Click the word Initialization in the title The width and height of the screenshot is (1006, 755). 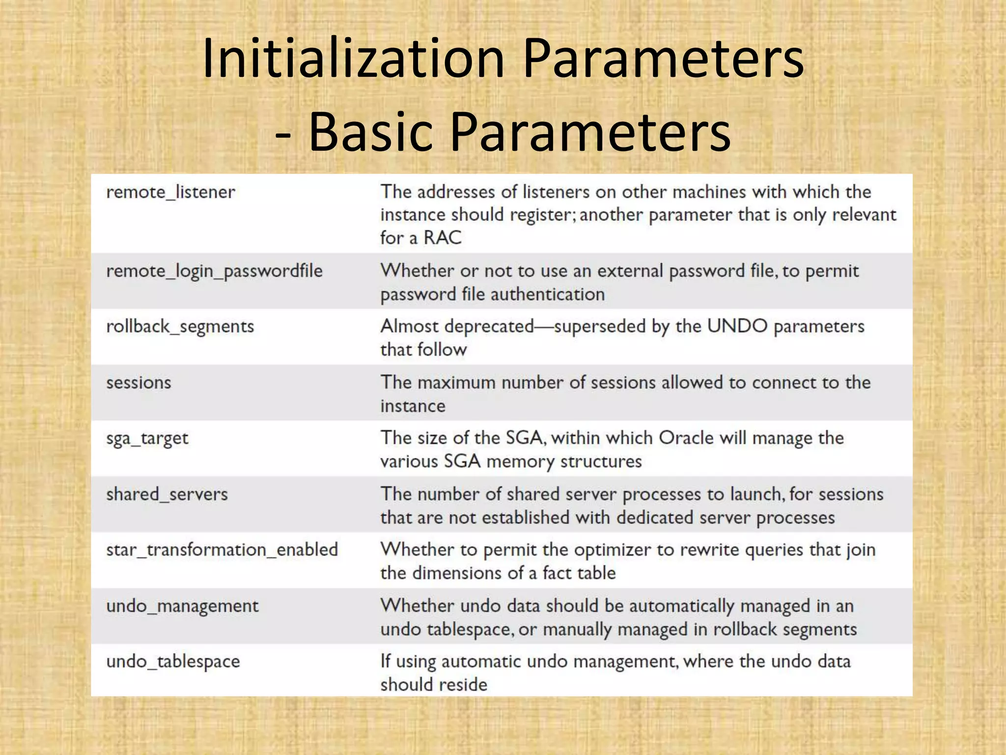(x=353, y=58)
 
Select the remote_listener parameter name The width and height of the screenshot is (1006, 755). (x=170, y=192)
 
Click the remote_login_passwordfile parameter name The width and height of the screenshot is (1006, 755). (x=214, y=271)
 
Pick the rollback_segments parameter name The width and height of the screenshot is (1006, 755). (x=180, y=327)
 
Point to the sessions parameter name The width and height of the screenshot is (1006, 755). (x=139, y=383)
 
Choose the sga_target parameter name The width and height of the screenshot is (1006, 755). (x=147, y=438)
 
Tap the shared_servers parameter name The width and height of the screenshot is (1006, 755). (x=167, y=494)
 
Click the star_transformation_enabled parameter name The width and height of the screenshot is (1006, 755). (x=222, y=550)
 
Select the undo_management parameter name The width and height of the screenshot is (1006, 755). (x=182, y=606)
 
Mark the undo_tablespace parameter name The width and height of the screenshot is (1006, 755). (x=173, y=662)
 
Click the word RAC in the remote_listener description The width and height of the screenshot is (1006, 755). (x=443, y=238)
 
